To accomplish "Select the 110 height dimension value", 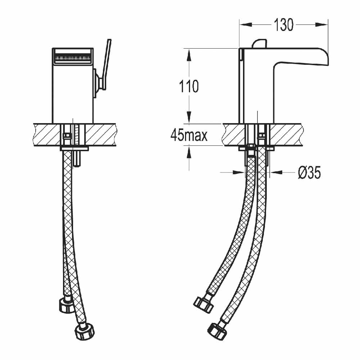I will (x=189, y=86).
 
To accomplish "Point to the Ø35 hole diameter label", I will (x=309, y=173).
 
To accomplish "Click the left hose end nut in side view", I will (x=204, y=304).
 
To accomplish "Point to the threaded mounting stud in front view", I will (x=77, y=151).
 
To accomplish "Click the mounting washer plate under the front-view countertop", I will (x=74, y=148).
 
